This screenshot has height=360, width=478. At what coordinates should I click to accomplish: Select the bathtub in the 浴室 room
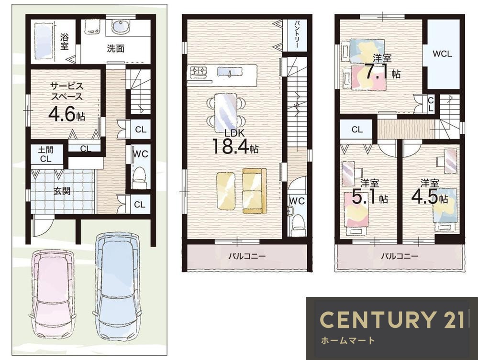coord(44,40)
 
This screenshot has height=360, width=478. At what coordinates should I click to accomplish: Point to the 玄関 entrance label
coord(62,191)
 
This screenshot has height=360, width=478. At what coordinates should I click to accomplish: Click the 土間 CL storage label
coord(46,154)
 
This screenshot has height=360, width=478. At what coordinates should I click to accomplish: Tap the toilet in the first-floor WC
coord(140,178)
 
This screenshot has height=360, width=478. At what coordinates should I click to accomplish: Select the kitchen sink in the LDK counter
coord(230,72)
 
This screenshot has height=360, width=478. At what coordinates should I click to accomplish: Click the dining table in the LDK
coord(225,111)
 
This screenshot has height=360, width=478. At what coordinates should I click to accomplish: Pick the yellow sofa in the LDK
coord(255,191)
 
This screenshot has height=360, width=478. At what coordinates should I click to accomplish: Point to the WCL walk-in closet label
coord(442,54)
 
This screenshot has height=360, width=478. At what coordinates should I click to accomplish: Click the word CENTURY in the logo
coord(377,319)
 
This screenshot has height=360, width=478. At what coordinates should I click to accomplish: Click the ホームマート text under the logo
coord(347,340)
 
